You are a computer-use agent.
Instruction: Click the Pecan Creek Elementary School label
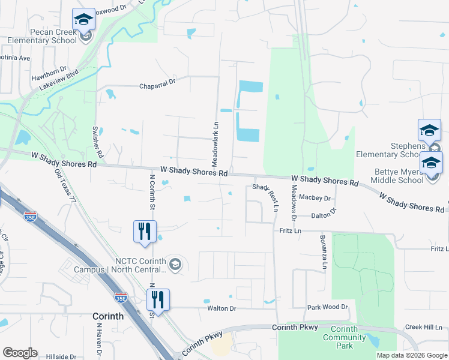click(x=42, y=36)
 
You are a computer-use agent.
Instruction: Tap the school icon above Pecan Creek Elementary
click(x=83, y=19)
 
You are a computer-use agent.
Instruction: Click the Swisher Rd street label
click(x=96, y=142)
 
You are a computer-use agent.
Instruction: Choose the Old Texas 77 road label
click(x=65, y=187)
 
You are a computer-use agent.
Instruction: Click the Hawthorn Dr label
click(x=50, y=70)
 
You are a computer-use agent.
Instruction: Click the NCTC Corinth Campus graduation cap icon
click(x=175, y=265)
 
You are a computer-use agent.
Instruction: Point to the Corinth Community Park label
click(x=344, y=337)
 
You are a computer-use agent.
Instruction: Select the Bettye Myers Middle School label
click(x=397, y=176)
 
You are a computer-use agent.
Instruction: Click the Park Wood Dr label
click(x=328, y=307)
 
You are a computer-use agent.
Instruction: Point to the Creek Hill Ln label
click(x=423, y=327)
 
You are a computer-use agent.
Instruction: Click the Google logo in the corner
click(x=20, y=352)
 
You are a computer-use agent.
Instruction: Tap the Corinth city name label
click(x=108, y=316)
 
